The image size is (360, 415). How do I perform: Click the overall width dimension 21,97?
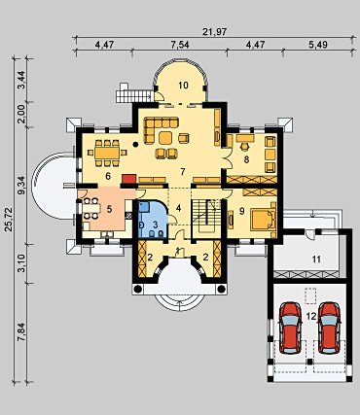[x=214, y=31]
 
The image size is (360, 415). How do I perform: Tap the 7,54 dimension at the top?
[x=180, y=45]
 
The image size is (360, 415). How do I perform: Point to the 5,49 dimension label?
[x=318, y=45]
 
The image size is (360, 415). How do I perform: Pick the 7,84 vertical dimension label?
[x=22, y=332]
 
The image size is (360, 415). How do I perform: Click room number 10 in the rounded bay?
[x=183, y=86]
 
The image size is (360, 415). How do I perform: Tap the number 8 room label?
[x=246, y=159]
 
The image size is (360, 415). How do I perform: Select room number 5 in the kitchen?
[x=109, y=209]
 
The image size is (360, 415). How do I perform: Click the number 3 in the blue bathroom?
[x=155, y=224]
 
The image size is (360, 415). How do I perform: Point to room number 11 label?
[x=316, y=259]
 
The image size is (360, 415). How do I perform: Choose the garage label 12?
[x=311, y=317]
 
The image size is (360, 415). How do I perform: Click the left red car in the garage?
[x=291, y=328]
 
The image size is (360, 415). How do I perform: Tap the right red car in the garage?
[x=330, y=328]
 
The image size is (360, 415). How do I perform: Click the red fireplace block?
[x=128, y=179]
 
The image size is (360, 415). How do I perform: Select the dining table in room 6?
[x=107, y=153]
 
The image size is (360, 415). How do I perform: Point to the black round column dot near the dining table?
[x=135, y=145]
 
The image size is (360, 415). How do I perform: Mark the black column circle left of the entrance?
[x=137, y=289]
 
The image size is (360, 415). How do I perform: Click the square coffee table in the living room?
[x=165, y=138]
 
